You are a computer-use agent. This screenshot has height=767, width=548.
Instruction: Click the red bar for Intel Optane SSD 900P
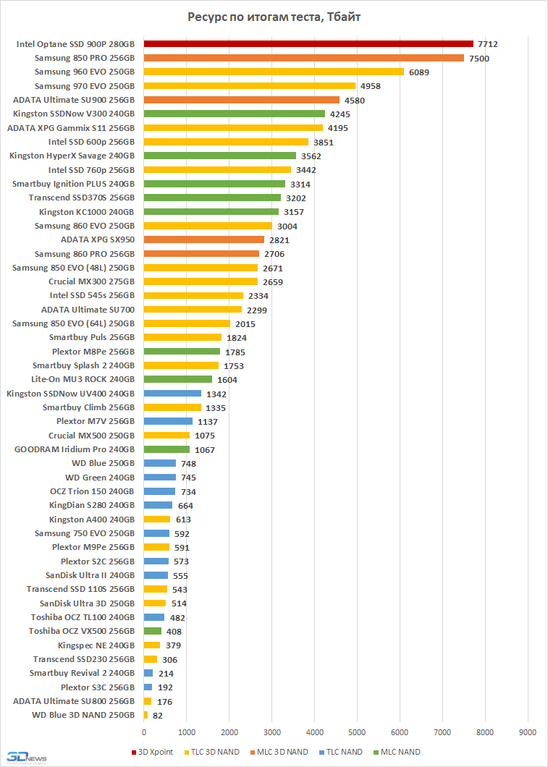click(x=308, y=44)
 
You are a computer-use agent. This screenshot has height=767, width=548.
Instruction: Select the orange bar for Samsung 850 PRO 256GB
click(x=303, y=58)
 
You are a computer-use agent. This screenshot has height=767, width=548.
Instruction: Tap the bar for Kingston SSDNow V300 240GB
click(x=234, y=114)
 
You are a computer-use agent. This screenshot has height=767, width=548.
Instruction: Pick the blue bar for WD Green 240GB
click(x=159, y=478)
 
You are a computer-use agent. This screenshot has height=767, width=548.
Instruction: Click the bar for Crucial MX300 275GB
click(x=201, y=281)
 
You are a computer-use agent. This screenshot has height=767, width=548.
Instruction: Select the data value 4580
click(x=354, y=100)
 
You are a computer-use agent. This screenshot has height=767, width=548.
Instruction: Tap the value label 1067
click(x=205, y=449)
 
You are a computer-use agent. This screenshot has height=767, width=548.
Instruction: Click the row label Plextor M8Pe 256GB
click(x=93, y=352)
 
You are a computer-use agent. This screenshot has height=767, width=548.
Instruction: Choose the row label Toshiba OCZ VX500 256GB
click(x=82, y=631)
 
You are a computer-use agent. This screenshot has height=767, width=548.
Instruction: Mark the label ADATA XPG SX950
click(x=98, y=240)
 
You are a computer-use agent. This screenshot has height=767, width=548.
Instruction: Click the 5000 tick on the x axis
click(x=357, y=731)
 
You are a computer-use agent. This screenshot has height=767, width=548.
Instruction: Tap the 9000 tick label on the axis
click(x=528, y=731)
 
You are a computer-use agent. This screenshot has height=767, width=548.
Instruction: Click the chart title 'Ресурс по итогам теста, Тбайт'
click(x=274, y=17)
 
